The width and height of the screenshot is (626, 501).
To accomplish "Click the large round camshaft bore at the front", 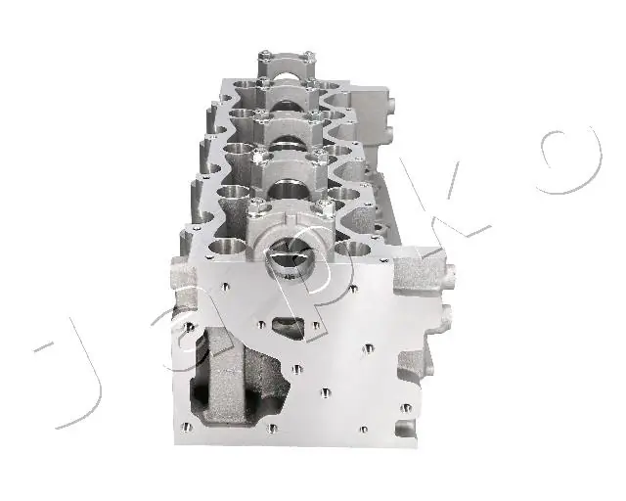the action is click(291, 259).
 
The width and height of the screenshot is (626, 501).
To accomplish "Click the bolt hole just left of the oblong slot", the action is click(261, 325).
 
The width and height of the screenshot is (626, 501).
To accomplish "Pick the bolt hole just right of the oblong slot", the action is click(315, 325).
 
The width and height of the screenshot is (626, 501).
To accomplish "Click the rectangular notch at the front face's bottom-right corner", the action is click(405, 429).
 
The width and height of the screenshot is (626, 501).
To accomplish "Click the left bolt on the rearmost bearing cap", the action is click(264, 56).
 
